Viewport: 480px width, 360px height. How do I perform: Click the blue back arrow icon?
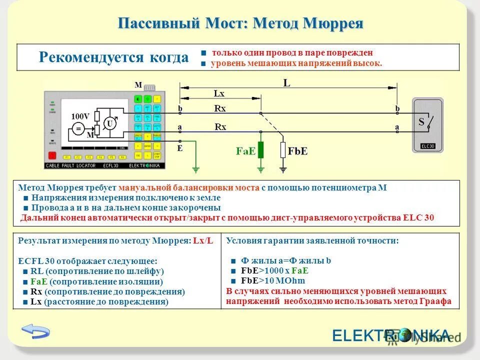[x=36, y=331]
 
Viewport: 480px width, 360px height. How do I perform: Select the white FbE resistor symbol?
[x=283, y=149]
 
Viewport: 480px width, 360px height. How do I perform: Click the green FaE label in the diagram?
[x=246, y=150]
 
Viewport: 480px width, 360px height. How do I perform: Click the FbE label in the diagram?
[x=298, y=150]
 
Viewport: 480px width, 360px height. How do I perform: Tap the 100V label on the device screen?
[x=80, y=116]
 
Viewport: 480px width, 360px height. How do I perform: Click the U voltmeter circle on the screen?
[x=109, y=123]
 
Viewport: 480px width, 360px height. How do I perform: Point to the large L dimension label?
[x=286, y=83]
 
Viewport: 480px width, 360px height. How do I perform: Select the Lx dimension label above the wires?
[x=219, y=93]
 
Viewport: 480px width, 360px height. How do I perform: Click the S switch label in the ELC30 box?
[x=421, y=121]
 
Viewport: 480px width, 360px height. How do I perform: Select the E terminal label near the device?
[x=180, y=148]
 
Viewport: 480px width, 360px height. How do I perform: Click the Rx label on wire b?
[x=220, y=108]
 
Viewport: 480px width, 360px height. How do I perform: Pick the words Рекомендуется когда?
[x=113, y=57]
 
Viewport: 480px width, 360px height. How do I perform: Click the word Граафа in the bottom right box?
[x=436, y=301]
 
